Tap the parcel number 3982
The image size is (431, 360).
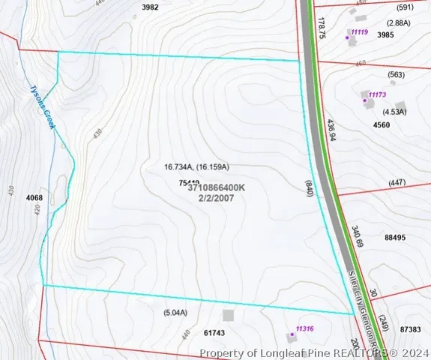click(150, 7)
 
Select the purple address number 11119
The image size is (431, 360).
click(357, 33)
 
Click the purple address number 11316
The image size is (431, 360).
click(304, 328)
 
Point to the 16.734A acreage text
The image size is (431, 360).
click(179, 166)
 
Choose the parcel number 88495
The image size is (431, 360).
click(395, 237)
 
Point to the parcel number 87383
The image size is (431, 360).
click(411, 329)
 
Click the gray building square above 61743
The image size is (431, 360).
click(228, 316)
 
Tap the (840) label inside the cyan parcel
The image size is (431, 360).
click(308, 187)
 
